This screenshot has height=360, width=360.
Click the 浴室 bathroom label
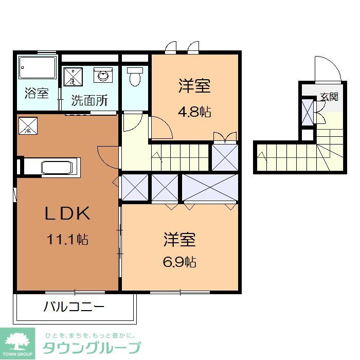37,94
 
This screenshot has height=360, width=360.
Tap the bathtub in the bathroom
37,68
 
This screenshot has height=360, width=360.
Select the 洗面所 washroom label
89,100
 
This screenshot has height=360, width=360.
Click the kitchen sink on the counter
59,168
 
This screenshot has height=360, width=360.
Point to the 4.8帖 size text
195,112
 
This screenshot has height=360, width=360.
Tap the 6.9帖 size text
179,261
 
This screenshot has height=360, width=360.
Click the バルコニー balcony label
74,308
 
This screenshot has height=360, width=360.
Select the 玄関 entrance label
329,96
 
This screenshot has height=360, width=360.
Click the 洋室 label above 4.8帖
195,86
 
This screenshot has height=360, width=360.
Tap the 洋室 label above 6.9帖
179,239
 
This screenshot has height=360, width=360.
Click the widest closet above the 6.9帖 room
210,188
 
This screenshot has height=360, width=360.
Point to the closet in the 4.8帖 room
225,157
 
